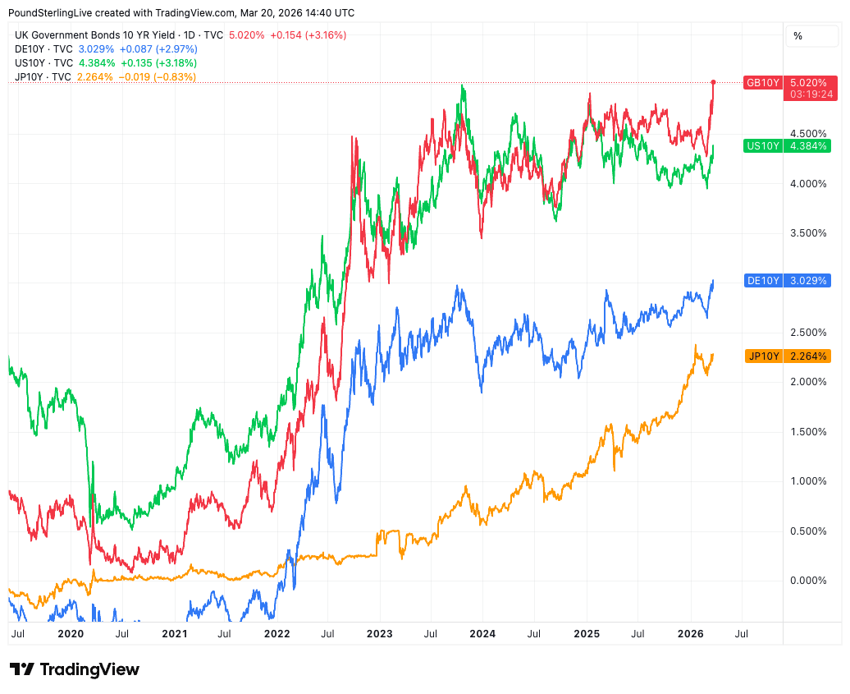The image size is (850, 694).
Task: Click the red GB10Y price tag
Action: point(762,83)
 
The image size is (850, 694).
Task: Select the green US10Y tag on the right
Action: point(762,146)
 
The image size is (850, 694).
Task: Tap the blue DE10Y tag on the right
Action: point(762,280)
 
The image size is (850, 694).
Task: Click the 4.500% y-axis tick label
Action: point(807,133)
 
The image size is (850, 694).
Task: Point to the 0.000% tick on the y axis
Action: point(807,581)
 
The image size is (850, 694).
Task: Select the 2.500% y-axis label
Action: point(807,332)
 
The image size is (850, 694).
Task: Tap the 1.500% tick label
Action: point(807,431)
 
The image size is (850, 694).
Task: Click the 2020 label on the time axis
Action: point(71,634)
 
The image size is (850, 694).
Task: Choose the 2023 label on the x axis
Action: point(379,634)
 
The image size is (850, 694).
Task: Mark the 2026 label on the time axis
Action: point(690,634)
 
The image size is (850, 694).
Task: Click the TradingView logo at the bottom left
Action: point(75,669)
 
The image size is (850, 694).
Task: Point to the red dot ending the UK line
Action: point(713,82)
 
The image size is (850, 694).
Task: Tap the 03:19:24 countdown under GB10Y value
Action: point(808,94)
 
